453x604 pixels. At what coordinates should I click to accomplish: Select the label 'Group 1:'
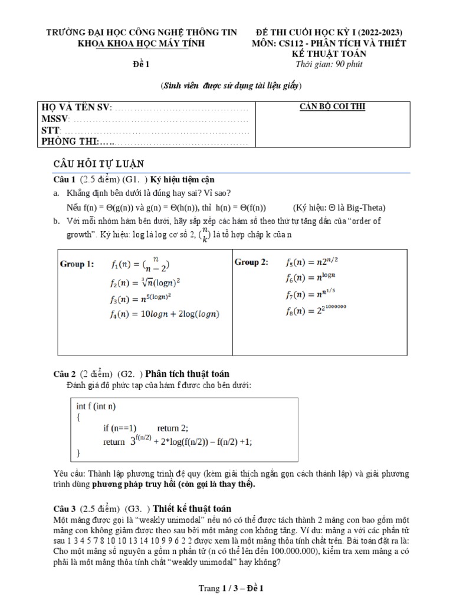(77, 264)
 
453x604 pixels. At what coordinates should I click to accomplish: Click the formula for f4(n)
(165, 314)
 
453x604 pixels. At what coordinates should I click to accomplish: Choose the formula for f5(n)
(311, 262)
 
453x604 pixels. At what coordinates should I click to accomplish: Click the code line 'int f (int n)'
(96, 406)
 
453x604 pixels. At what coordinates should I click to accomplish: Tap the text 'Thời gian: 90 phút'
(330, 64)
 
